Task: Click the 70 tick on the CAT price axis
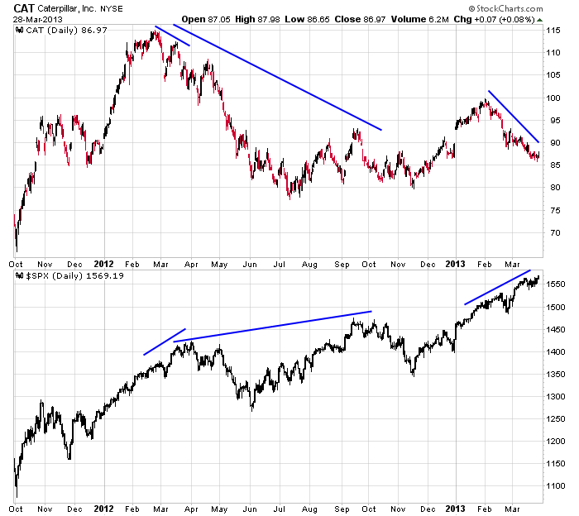click(553, 233)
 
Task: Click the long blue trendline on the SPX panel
click(273, 327)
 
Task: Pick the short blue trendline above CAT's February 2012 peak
click(172, 36)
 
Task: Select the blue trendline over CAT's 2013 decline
click(513, 116)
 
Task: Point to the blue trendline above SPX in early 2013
click(496, 288)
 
